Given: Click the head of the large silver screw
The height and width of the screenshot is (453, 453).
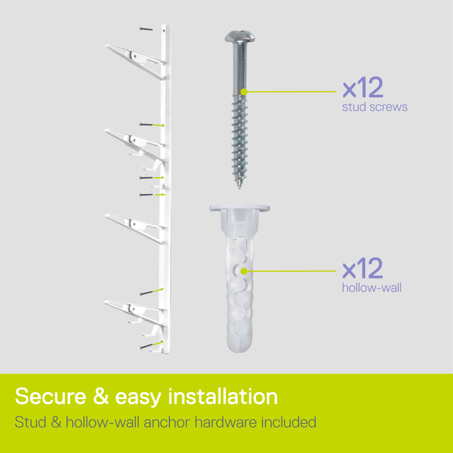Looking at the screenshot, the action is pyautogui.click(x=240, y=36).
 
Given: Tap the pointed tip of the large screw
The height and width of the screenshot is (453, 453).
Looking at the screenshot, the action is pyautogui.click(x=239, y=188).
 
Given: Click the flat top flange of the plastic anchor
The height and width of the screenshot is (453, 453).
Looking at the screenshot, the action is pyautogui.click(x=240, y=208).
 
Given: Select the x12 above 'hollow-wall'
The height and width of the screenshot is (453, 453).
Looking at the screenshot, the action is pyautogui.click(x=362, y=268).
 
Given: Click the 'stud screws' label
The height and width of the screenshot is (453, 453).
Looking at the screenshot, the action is pyautogui.click(x=375, y=107).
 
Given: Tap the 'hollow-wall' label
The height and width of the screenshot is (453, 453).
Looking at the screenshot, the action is pyautogui.click(x=372, y=288).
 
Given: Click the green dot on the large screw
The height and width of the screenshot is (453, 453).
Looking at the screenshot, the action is pyautogui.click(x=244, y=92).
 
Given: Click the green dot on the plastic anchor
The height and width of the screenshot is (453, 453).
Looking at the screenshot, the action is pyautogui.click(x=244, y=271).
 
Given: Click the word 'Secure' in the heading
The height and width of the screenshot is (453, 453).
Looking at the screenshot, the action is pyautogui.click(x=51, y=396).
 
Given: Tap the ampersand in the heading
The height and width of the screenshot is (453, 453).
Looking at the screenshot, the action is pyautogui.click(x=101, y=396).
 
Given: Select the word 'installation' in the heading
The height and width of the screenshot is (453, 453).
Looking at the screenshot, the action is pyautogui.click(x=223, y=396).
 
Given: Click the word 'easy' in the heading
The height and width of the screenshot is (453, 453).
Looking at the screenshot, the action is pyautogui.click(x=138, y=398).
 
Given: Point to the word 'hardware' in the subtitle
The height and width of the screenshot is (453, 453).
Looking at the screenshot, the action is pyautogui.click(x=225, y=422).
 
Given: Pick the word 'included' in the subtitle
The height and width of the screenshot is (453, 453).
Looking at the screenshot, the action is pyautogui.click(x=289, y=422).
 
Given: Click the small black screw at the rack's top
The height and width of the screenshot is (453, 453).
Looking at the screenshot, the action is pyautogui.click(x=146, y=29).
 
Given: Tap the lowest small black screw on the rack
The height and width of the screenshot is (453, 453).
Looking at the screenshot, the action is pyautogui.click(x=147, y=347).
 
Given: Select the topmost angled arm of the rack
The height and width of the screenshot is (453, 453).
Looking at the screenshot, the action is pyautogui.click(x=136, y=61).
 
